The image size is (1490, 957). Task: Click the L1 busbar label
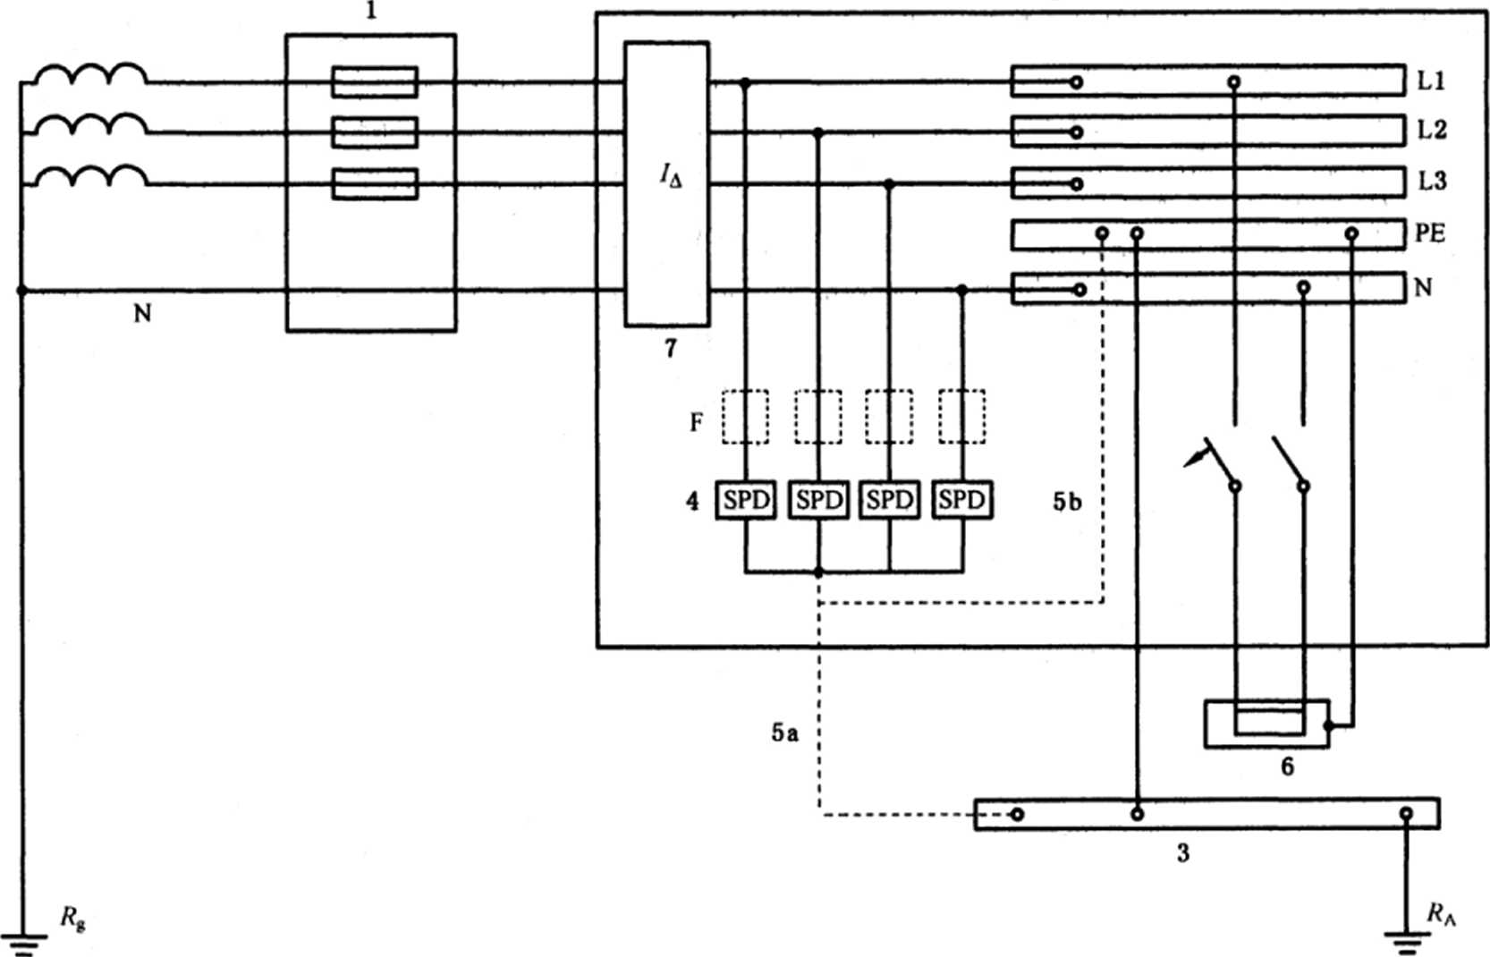(x=1431, y=80)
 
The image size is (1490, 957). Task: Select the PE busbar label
(x=1429, y=233)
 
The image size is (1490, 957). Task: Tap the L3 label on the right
(x=1431, y=182)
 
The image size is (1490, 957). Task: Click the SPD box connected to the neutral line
(x=961, y=500)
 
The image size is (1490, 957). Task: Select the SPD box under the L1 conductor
(x=746, y=500)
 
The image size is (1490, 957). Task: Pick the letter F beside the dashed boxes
(x=696, y=421)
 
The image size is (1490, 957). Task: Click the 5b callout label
(x=1066, y=503)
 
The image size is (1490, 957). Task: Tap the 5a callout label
(x=784, y=733)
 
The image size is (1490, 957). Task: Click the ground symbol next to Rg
(x=21, y=944)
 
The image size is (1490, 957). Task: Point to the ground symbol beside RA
(x=1406, y=941)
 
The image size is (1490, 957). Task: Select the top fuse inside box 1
(x=374, y=82)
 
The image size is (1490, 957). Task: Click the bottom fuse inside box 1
(x=374, y=184)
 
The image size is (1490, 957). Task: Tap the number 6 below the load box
(x=1287, y=766)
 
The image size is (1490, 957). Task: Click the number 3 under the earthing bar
(x=1183, y=853)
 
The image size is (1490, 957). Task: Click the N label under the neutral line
(x=142, y=313)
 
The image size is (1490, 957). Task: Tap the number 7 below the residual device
(x=671, y=348)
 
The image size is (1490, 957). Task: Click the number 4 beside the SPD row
(x=692, y=501)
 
